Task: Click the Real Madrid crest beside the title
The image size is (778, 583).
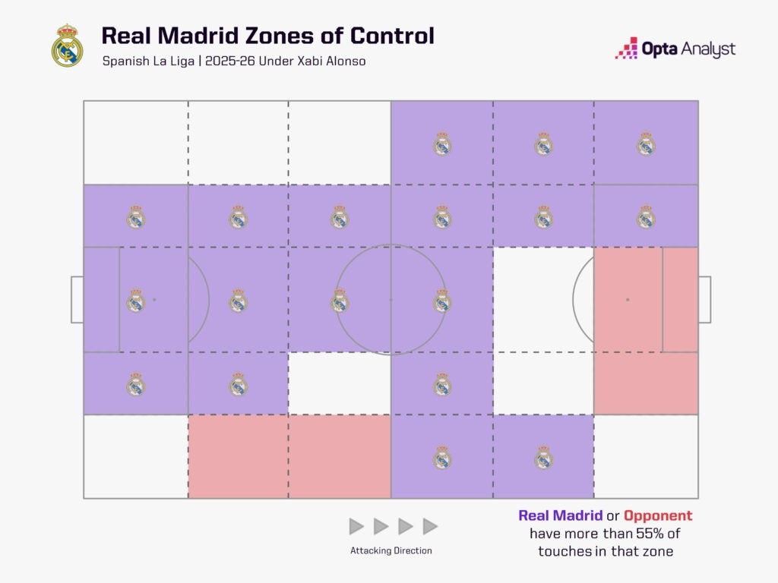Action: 67,45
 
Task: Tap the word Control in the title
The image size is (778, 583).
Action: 392,36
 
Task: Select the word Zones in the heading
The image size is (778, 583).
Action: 280,36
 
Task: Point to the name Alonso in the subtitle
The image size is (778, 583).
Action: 346,61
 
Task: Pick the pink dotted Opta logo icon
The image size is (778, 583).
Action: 626,48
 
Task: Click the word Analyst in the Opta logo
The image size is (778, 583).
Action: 708,49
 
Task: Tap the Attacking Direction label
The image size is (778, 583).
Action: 391,550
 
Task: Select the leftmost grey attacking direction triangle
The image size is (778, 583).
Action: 356,526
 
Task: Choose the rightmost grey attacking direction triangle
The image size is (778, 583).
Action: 430,526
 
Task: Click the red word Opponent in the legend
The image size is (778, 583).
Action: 658,515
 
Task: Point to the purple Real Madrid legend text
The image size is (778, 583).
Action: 561,515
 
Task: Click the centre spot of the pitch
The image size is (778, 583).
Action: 391,299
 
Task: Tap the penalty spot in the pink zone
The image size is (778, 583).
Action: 628,299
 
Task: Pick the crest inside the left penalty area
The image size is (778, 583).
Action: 135,301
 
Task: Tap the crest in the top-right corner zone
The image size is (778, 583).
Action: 646,143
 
